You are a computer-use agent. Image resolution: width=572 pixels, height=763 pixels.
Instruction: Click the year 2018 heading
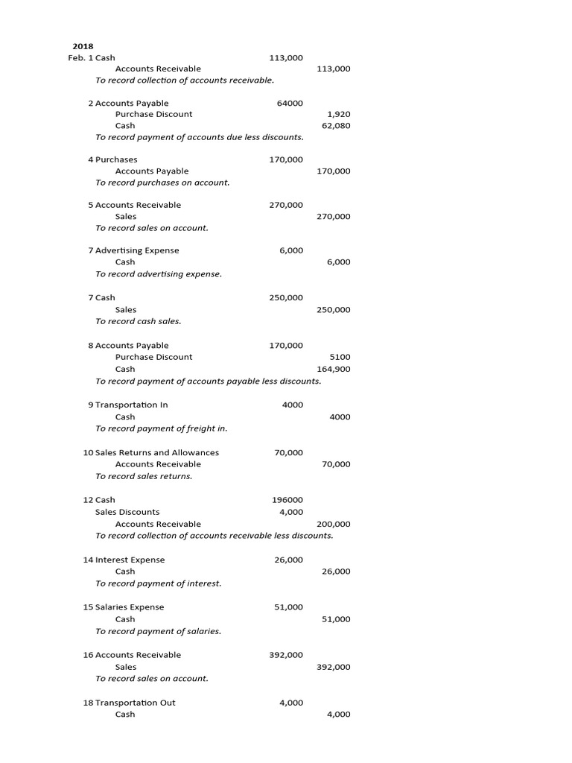83,45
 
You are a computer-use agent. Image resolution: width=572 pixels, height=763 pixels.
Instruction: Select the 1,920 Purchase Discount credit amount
338,114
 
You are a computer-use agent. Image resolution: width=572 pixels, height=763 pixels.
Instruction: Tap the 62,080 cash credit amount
335,126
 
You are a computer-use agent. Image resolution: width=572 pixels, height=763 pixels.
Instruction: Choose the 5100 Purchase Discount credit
340,357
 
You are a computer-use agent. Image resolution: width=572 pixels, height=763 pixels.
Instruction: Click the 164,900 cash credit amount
333,369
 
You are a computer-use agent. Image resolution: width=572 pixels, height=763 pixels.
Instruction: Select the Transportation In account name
131,405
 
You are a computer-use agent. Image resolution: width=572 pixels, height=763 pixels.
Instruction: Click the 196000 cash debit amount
288,500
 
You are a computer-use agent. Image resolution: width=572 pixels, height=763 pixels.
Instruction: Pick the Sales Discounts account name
127,512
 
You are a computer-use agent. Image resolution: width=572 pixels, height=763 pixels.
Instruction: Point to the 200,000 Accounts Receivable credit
333,524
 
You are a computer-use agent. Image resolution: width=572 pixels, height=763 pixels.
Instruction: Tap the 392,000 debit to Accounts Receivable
286,655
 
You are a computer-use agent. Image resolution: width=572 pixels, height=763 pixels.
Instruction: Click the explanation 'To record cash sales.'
139,321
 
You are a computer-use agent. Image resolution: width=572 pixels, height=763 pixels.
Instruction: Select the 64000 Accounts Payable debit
290,103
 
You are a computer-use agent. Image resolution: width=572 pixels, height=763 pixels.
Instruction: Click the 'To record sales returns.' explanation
144,476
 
